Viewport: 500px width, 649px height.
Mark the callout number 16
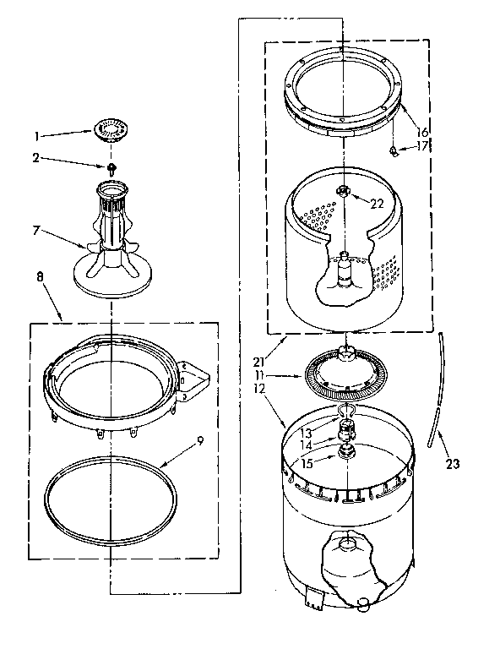pos(422,133)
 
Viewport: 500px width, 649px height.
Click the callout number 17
pos(423,146)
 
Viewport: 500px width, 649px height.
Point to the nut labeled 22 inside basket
pos(344,192)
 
